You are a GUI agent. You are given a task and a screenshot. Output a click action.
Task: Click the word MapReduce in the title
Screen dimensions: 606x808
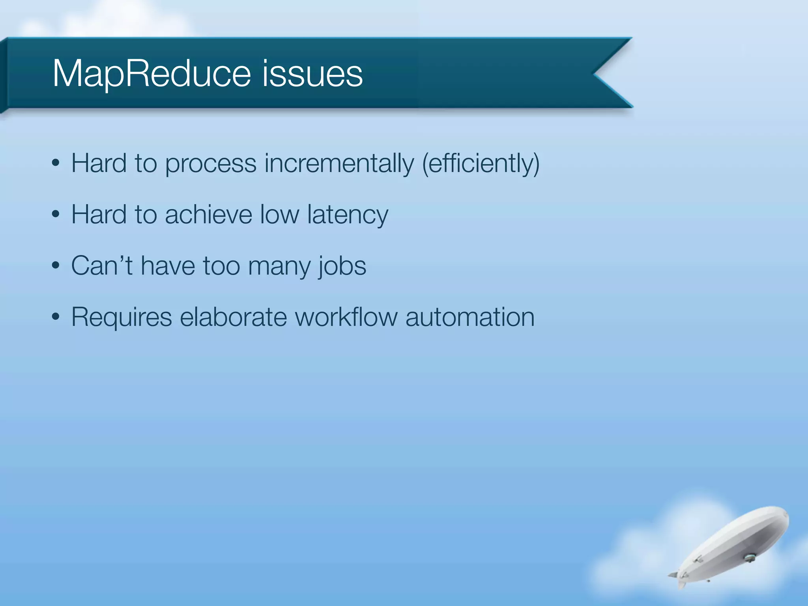(x=151, y=74)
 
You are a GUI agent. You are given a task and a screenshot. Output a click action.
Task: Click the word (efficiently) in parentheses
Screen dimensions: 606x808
(x=481, y=163)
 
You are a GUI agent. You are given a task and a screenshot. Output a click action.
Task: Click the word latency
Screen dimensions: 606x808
(x=348, y=215)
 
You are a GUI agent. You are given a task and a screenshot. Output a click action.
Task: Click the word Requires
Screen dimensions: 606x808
(x=122, y=318)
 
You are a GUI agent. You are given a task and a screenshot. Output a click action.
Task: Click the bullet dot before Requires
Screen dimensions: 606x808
(x=56, y=317)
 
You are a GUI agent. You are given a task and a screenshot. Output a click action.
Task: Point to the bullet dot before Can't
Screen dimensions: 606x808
(x=56, y=266)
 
